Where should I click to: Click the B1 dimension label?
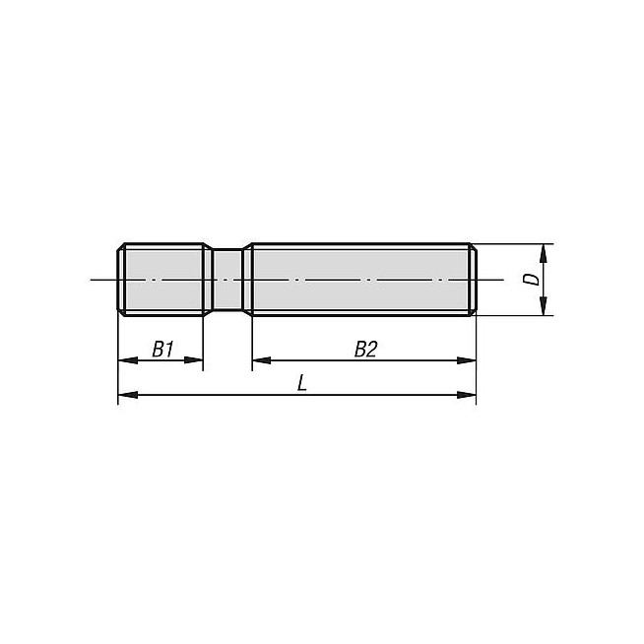click(x=163, y=350)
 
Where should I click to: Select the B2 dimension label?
click(x=365, y=350)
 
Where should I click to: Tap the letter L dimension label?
click(x=302, y=384)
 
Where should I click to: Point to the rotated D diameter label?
click(x=532, y=280)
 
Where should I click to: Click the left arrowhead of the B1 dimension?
click(x=127, y=360)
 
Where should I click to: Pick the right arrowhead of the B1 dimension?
click(x=193, y=360)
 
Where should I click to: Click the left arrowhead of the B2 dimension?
click(x=262, y=360)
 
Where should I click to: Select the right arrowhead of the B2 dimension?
click(x=467, y=360)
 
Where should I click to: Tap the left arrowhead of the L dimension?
click(x=127, y=395)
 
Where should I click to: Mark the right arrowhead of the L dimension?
click(x=467, y=395)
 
